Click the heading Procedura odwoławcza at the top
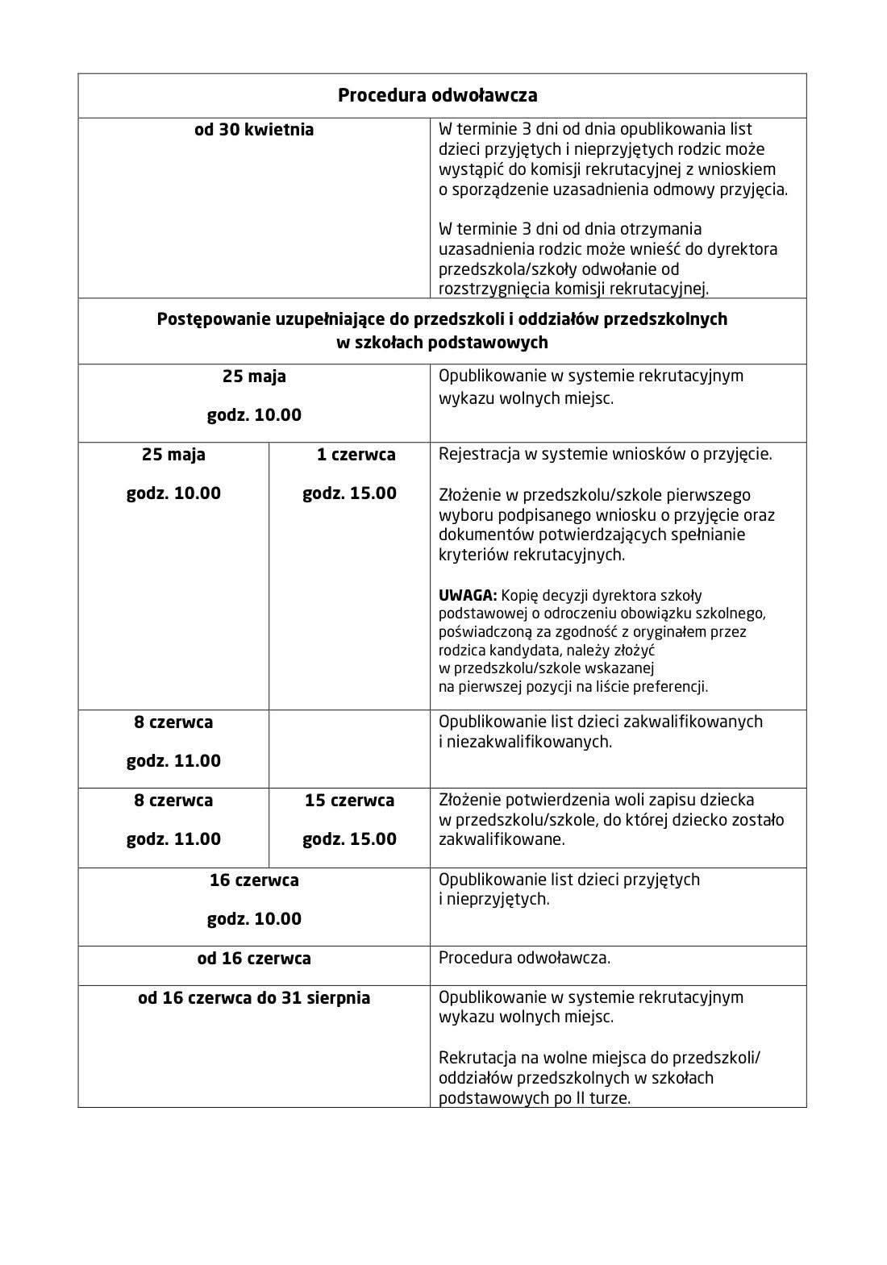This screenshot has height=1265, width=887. (x=437, y=96)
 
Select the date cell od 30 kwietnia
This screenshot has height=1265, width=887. (x=254, y=130)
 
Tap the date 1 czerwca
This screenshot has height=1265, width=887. (x=356, y=455)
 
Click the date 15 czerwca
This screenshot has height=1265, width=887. (x=349, y=801)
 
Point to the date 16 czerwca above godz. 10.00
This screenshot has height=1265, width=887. (x=254, y=880)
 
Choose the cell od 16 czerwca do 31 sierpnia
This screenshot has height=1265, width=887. (x=254, y=998)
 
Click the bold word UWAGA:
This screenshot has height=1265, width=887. (x=468, y=596)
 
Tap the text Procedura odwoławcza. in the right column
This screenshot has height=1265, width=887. (x=524, y=959)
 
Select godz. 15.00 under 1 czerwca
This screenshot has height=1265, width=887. (x=349, y=493)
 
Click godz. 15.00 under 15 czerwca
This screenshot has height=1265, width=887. (x=349, y=839)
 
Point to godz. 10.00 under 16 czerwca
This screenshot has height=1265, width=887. (x=254, y=919)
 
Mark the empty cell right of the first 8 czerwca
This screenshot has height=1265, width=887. (x=349, y=748)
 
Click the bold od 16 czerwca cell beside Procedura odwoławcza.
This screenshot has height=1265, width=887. (x=254, y=959)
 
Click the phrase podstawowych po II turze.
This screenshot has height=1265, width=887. (x=534, y=1097)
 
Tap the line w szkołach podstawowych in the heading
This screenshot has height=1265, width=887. (x=442, y=343)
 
